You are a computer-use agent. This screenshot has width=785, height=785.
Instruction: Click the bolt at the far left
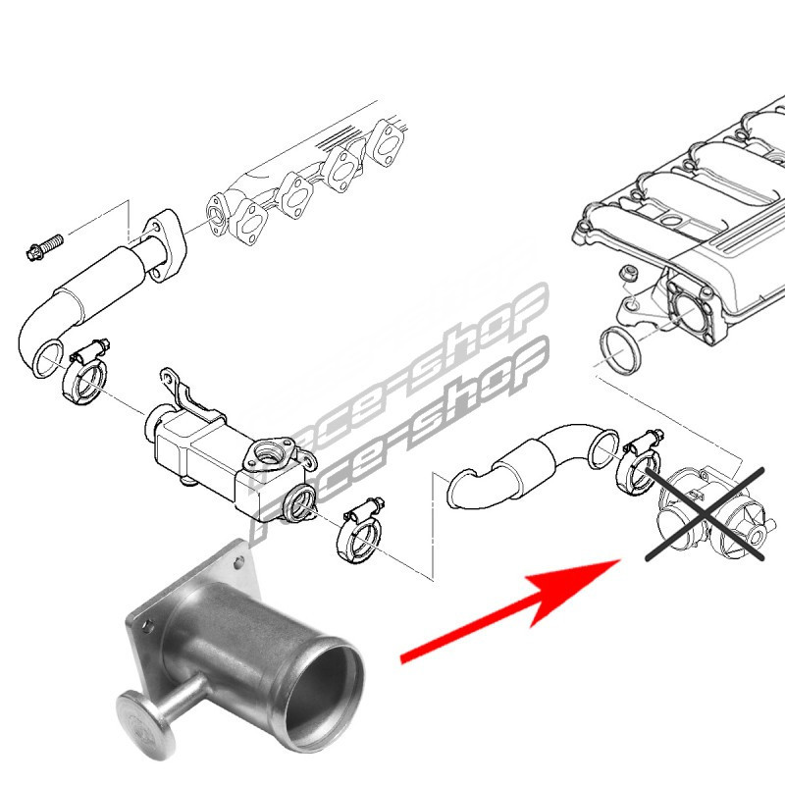click(44, 247)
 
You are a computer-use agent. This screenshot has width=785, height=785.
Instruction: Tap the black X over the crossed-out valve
click(705, 514)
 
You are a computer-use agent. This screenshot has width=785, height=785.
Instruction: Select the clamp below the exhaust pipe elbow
click(86, 371)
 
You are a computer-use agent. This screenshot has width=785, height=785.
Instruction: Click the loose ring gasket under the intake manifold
click(621, 351)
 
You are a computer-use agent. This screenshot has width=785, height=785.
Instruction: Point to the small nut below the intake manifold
click(627, 274)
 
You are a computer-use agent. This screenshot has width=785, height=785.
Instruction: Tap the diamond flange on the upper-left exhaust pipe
click(164, 244)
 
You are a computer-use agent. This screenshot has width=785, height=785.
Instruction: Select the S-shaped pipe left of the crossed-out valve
click(532, 465)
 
